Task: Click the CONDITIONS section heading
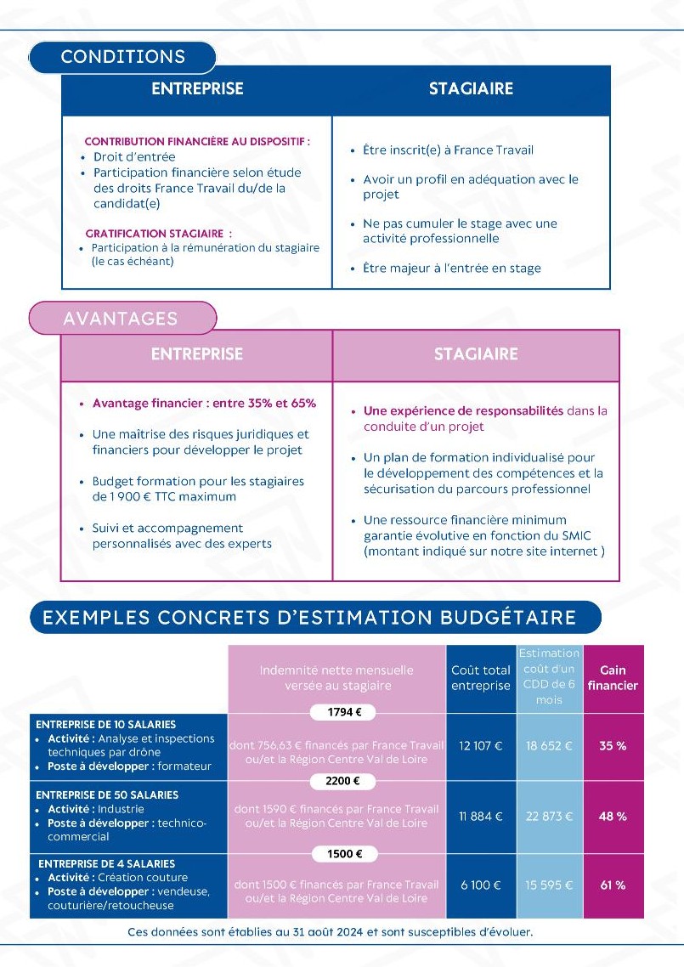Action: [x=122, y=57]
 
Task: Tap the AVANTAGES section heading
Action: [x=121, y=319]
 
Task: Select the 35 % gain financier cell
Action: [x=613, y=746]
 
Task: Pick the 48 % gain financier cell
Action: [x=613, y=816]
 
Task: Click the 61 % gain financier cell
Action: [x=613, y=885]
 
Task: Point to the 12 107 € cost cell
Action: [x=481, y=746]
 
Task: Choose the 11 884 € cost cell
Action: [x=481, y=816]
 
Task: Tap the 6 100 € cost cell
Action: [x=481, y=885]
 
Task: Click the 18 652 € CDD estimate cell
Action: [x=549, y=746]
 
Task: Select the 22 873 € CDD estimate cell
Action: [x=549, y=816]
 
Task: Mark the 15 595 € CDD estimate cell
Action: [x=549, y=885]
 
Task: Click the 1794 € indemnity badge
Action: [x=337, y=712]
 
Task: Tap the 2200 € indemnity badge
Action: [x=337, y=781]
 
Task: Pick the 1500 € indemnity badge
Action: [x=337, y=854]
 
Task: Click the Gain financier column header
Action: [x=613, y=677]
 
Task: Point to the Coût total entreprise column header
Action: [x=481, y=677]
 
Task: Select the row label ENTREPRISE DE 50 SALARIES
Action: [x=107, y=795]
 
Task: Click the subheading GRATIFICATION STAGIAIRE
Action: [x=158, y=233]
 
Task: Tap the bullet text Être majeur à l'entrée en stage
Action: [x=451, y=269]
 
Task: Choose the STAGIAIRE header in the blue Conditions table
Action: [x=471, y=88]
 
